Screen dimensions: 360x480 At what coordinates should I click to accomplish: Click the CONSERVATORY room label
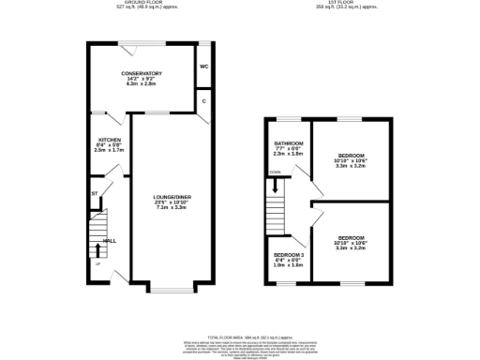(x=142, y=73)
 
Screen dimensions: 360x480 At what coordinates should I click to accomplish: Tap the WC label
(x=204, y=67)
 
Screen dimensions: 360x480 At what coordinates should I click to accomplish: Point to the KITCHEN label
(x=109, y=140)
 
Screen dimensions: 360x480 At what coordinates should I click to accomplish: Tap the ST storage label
(x=95, y=194)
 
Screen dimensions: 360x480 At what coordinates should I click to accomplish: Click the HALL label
(x=110, y=239)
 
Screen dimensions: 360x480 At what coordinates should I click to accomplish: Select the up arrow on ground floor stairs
(x=97, y=263)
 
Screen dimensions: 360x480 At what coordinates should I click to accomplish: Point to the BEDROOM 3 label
(x=289, y=255)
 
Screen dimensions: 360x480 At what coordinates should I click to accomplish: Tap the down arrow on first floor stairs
(x=275, y=172)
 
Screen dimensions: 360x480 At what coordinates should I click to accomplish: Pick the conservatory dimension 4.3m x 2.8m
(x=142, y=84)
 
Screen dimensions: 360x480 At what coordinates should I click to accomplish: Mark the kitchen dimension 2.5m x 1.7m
(x=109, y=151)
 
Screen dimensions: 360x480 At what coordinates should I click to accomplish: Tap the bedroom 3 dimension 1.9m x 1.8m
(x=289, y=265)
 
